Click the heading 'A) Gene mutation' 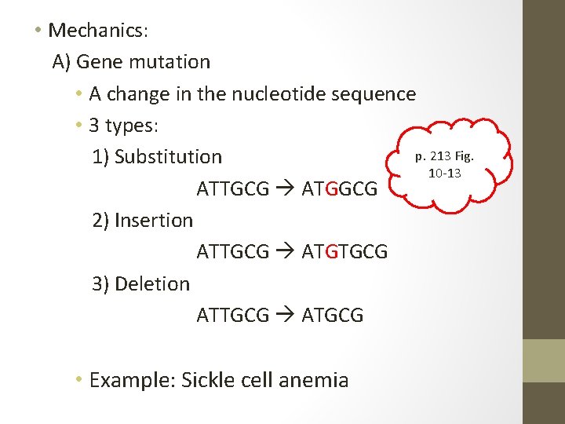(x=131, y=62)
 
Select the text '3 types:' (x=131, y=126)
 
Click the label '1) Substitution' (x=157, y=157)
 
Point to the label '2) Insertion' (x=142, y=221)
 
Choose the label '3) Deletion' (x=140, y=284)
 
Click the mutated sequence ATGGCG (x=340, y=189)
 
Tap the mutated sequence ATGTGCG (x=344, y=252)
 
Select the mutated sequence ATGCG (x=333, y=316)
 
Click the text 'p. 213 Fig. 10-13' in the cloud (x=444, y=164)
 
